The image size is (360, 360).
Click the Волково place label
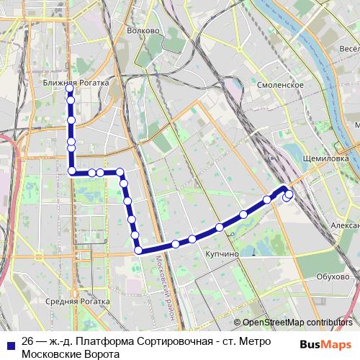(x=142, y=31)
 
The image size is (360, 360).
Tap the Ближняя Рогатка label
(x=76, y=83)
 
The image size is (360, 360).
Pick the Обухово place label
(x=333, y=276)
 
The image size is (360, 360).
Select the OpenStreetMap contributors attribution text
(x=297, y=323)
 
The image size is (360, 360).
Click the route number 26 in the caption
(x=27, y=341)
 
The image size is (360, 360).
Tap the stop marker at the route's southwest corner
(x=138, y=251)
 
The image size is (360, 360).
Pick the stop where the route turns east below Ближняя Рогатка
(x=72, y=171)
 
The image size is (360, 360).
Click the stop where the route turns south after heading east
(x=120, y=173)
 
